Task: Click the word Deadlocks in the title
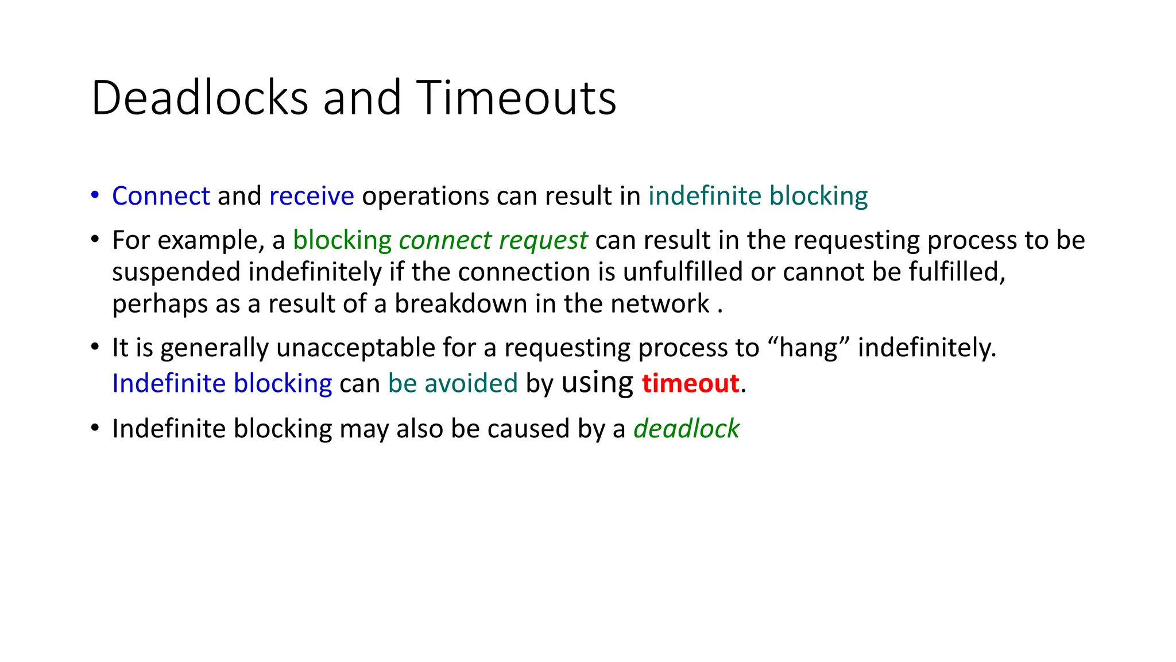[200, 98]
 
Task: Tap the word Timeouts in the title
[516, 98]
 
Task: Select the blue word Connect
[161, 196]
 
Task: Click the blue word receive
[311, 196]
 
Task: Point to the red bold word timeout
[690, 383]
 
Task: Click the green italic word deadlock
[686, 429]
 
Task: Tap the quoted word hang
[808, 348]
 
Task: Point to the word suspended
[176, 272]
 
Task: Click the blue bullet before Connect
[95, 195]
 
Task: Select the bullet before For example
[95, 239]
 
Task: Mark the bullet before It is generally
[95, 347]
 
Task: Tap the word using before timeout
[597, 383]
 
